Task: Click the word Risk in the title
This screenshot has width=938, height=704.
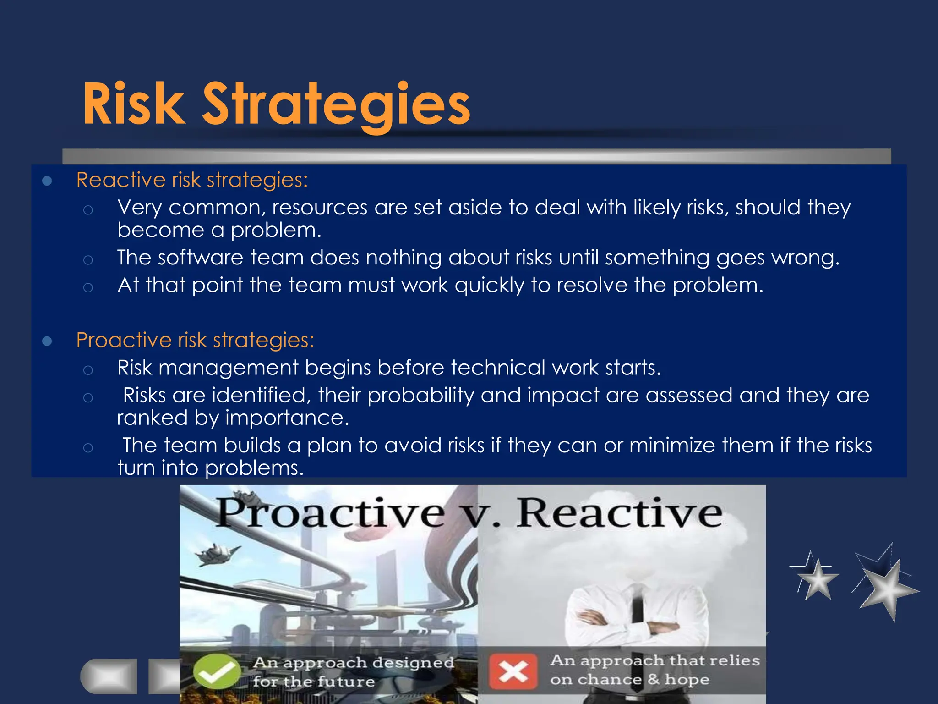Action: (x=134, y=104)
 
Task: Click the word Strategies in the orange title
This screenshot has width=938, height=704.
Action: (x=336, y=104)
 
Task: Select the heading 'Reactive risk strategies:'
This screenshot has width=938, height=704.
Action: (x=192, y=180)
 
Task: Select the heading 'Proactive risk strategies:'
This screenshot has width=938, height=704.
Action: (x=195, y=340)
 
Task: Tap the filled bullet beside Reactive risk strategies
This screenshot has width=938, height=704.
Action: (x=47, y=181)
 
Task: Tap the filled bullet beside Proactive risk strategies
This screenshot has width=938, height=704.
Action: (x=47, y=341)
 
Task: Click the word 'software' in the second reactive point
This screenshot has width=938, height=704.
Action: (x=200, y=258)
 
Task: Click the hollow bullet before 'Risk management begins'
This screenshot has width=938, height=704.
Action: (x=88, y=370)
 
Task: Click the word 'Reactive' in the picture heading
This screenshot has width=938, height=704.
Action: (x=619, y=513)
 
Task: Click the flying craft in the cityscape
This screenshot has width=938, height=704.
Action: (x=216, y=554)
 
